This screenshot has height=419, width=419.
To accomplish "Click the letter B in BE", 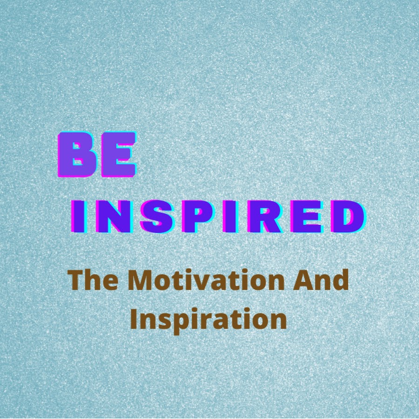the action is (77, 155).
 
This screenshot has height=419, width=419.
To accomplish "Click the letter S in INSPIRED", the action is (157, 216).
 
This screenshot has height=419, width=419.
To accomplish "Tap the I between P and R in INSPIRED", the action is (231, 216).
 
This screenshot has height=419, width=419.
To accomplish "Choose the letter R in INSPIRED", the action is (264, 216).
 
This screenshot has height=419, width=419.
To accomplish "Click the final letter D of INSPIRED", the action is (348, 216).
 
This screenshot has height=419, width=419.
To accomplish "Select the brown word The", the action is (93, 280).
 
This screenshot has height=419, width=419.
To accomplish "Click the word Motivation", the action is (206, 280).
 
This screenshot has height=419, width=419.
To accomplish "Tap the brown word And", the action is (321, 280).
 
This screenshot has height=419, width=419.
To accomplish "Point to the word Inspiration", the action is (209, 320).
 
